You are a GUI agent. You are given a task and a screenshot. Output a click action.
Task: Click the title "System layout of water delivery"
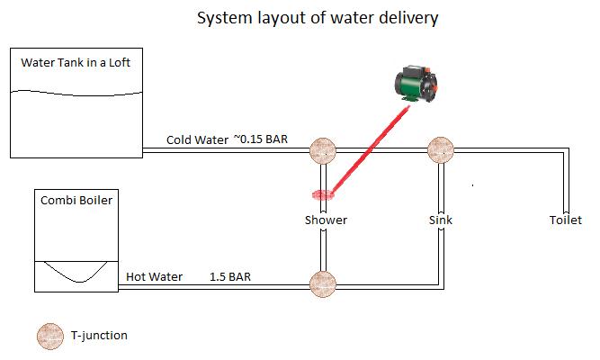[317, 18]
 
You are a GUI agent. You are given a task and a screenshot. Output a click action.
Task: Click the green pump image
[418, 85]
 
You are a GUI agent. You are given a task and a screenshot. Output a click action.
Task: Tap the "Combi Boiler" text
[76, 200]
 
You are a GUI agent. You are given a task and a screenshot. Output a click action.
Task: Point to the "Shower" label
[326, 220]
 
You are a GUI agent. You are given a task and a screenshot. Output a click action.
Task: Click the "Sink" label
[440, 220]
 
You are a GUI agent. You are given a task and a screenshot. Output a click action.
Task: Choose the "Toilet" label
[566, 220]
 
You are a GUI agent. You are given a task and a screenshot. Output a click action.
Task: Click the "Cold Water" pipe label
[196, 140]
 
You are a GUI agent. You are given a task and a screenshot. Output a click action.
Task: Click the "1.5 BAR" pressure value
[230, 277]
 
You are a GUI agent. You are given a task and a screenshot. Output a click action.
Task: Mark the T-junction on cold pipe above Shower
[323, 151]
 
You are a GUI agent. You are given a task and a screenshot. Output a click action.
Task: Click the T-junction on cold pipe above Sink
[440, 151]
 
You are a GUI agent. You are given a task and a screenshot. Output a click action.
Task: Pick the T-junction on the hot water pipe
[323, 285]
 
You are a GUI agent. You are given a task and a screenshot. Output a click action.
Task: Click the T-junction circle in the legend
[49, 336]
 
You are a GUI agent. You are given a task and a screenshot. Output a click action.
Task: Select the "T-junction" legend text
[99, 336]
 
